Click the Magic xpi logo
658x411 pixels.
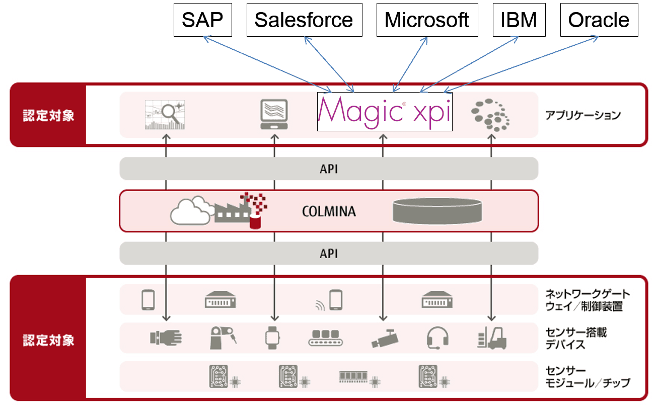click(385, 112)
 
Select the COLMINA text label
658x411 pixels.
click(329, 211)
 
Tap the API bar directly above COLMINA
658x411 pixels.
click(329, 169)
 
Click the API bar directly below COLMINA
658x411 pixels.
click(329, 254)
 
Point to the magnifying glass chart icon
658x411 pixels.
click(165, 115)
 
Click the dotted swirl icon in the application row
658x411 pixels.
click(490, 115)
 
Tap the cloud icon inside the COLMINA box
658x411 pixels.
click(190, 211)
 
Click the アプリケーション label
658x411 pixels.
click(583, 115)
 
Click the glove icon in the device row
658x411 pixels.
click(166, 338)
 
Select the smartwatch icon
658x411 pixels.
click(272, 338)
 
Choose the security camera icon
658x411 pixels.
click(385, 338)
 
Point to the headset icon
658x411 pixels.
click(437, 338)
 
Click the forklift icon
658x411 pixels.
click(492, 338)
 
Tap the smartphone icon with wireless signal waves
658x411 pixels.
click(331, 300)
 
